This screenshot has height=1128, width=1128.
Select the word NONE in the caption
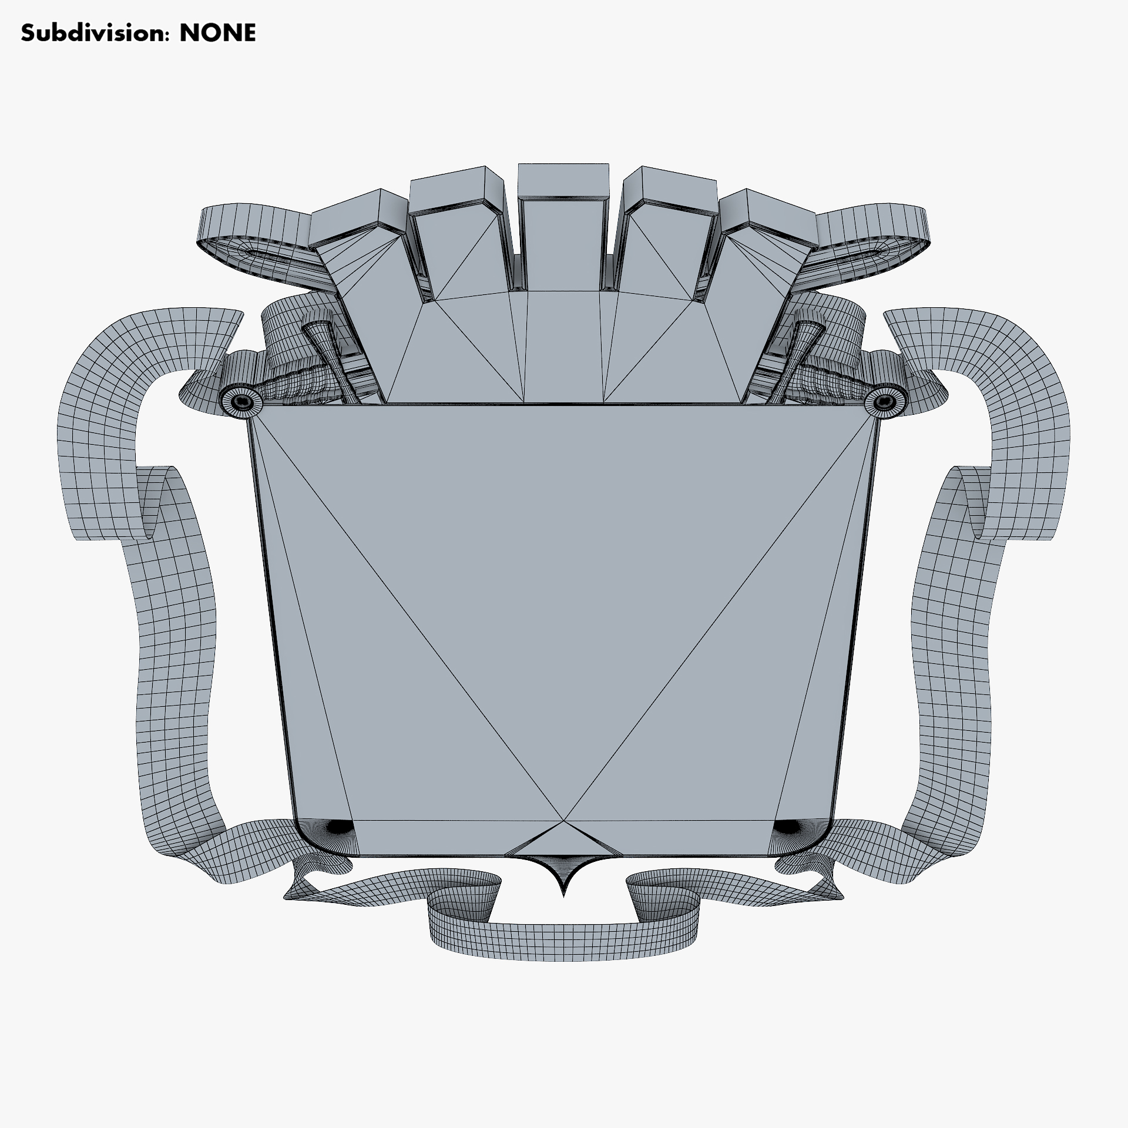tap(218, 33)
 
